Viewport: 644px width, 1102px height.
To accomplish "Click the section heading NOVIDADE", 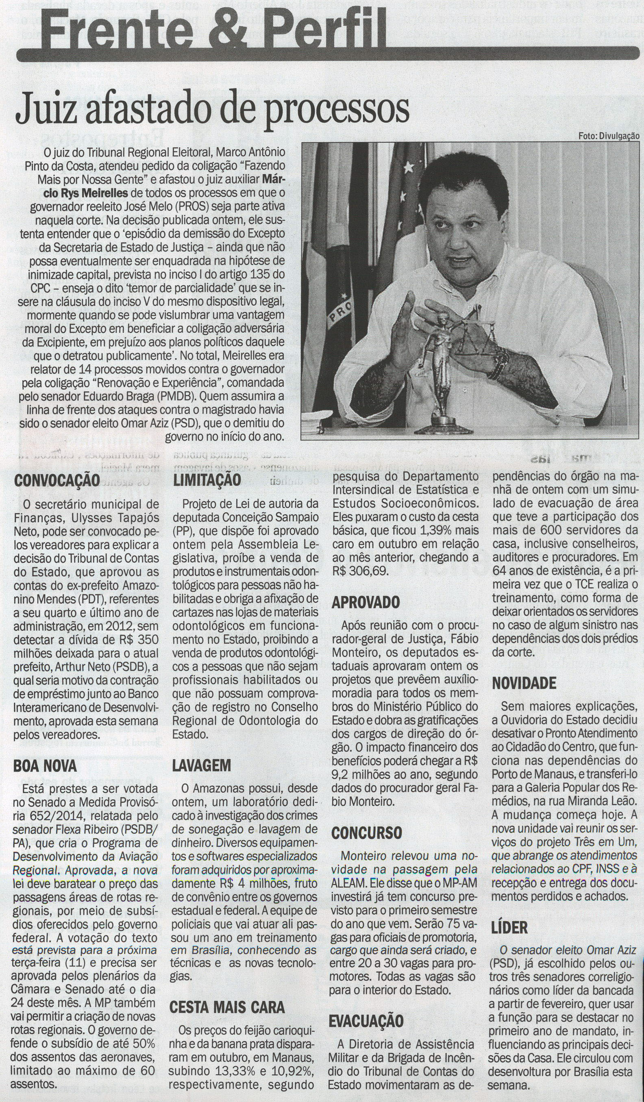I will [524, 683].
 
